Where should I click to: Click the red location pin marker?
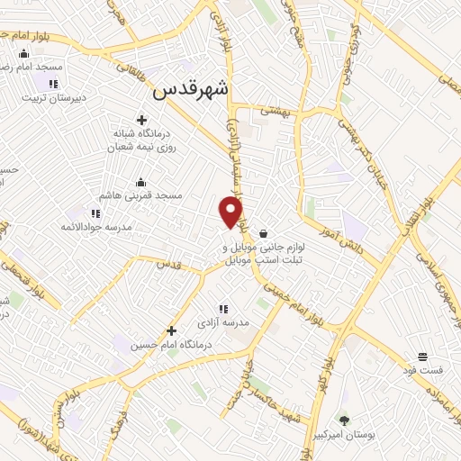click(231, 211)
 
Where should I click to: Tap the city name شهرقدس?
click(192, 89)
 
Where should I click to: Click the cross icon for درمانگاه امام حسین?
click(171, 330)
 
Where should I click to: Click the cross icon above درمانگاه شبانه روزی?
click(141, 120)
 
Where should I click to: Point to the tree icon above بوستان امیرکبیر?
click(344, 420)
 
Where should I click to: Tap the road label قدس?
click(169, 265)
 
